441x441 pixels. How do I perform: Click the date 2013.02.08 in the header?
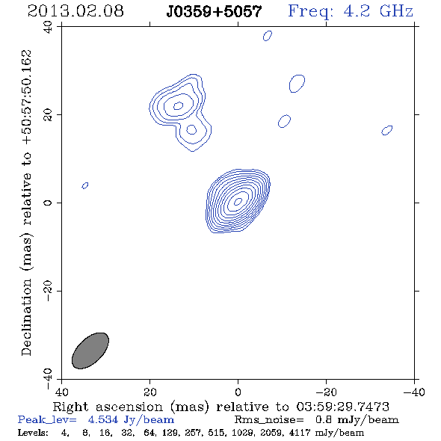[x=75, y=11]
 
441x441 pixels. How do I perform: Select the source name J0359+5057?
[x=214, y=12]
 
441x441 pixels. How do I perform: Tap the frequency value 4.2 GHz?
[x=378, y=11]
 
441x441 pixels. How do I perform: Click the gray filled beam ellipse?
[x=90, y=351]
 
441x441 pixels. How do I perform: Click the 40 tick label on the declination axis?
[x=48, y=27]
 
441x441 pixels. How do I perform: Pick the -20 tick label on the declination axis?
[x=48, y=291]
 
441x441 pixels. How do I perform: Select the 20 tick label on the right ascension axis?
[x=150, y=392]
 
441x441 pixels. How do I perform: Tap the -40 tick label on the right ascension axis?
[x=414, y=392]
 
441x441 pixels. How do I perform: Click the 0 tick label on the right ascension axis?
[x=238, y=392]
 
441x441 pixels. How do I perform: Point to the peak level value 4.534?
[x=102, y=419]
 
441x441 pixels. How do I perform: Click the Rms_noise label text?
[x=269, y=420]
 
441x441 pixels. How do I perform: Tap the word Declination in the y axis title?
[x=26, y=317]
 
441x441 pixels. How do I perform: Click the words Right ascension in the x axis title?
[x=108, y=407]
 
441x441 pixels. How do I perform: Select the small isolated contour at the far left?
[x=85, y=185]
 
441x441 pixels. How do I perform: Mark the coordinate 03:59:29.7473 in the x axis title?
[x=343, y=407]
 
